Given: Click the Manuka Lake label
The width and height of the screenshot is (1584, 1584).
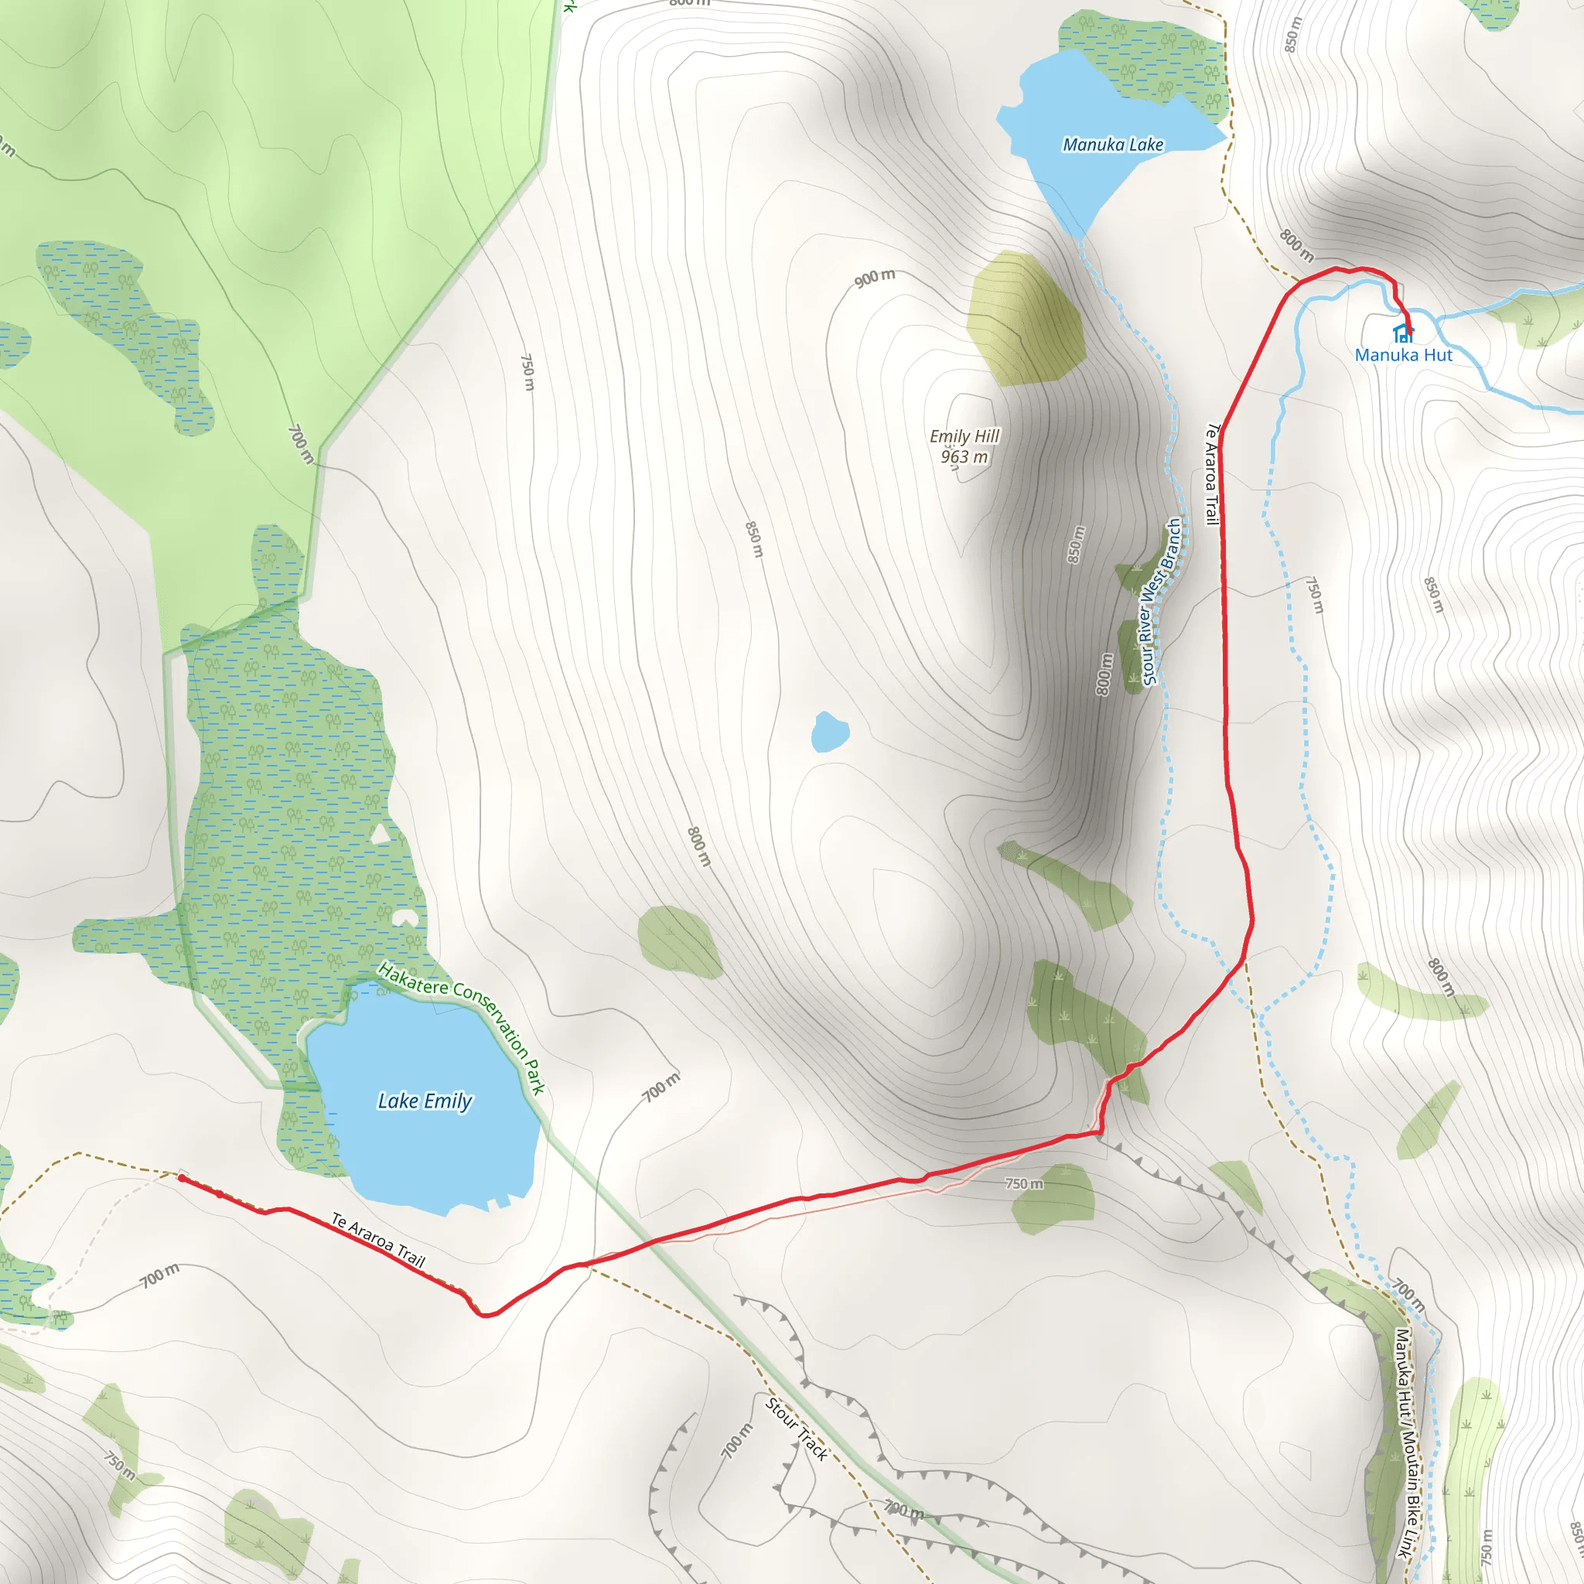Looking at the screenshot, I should (x=1112, y=145).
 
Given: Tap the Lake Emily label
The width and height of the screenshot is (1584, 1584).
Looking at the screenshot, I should (x=425, y=1101).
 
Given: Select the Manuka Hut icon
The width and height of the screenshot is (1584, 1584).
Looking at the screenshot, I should (x=1403, y=333).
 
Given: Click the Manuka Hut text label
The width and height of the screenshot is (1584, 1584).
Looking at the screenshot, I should (x=1403, y=355).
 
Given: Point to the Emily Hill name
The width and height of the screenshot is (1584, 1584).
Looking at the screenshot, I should (x=964, y=436).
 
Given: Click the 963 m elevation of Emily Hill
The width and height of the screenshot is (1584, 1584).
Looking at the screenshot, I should (x=964, y=456).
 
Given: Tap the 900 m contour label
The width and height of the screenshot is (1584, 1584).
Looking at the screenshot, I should (x=875, y=278).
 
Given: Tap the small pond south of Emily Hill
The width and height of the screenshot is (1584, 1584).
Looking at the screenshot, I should (x=829, y=732).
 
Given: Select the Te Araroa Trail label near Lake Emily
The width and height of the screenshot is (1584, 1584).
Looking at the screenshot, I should (x=378, y=1240).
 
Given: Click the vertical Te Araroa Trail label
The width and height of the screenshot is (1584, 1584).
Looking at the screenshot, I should (x=1212, y=474).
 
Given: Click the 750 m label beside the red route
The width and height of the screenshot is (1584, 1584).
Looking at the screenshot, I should (x=1024, y=1184).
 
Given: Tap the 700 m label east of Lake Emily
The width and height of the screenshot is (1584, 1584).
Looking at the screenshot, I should (x=661, y=1087).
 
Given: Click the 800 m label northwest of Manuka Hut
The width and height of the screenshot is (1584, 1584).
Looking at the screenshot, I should (x=1296, y=244).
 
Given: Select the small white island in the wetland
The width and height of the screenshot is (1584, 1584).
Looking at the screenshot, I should (x=380, y=835).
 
